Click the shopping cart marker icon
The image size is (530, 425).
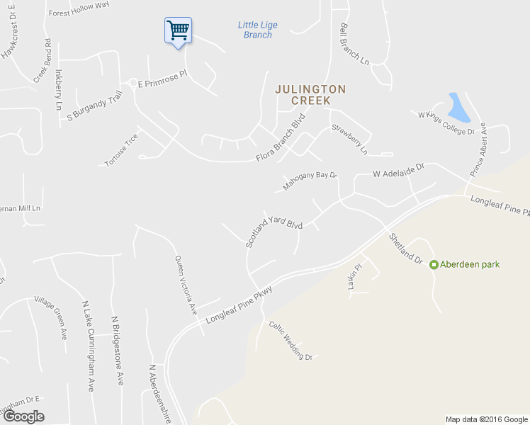[178, 30]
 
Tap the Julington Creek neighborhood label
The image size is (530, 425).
[311, 94]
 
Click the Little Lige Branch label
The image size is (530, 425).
[258, 30]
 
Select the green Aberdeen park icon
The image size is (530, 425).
[434, 264]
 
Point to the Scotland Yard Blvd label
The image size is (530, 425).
[274, 230]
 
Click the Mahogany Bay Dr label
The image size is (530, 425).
[309, 181]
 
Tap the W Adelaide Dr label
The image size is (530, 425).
[398, 170]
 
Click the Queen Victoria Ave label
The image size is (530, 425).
[185, 285]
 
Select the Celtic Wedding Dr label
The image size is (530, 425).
[291, 341]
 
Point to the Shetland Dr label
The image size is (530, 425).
[405, 248]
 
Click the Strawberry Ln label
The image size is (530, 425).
[350, 140]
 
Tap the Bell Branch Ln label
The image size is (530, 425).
[355, 45]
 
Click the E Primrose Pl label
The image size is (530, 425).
[161, 83]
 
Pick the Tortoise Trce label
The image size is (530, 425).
[121, 150]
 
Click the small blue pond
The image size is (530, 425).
[459, 107]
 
